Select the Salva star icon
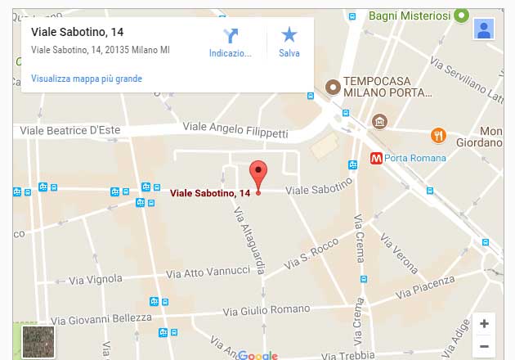click(289, 35)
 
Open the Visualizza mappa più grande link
click(87, 79)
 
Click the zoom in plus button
click(484, 323)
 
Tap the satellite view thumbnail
click(38, 342)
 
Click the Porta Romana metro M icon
click(377, 158)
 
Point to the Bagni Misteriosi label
click(409, 16)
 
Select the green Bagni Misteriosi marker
click(461, 16)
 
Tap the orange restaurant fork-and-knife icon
click(438, 136)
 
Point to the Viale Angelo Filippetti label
click(235, 129)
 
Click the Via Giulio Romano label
click(262, 312)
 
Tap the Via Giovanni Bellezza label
click(101, 319)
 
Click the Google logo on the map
click(258, 355)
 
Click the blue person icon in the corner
click(484, 29)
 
